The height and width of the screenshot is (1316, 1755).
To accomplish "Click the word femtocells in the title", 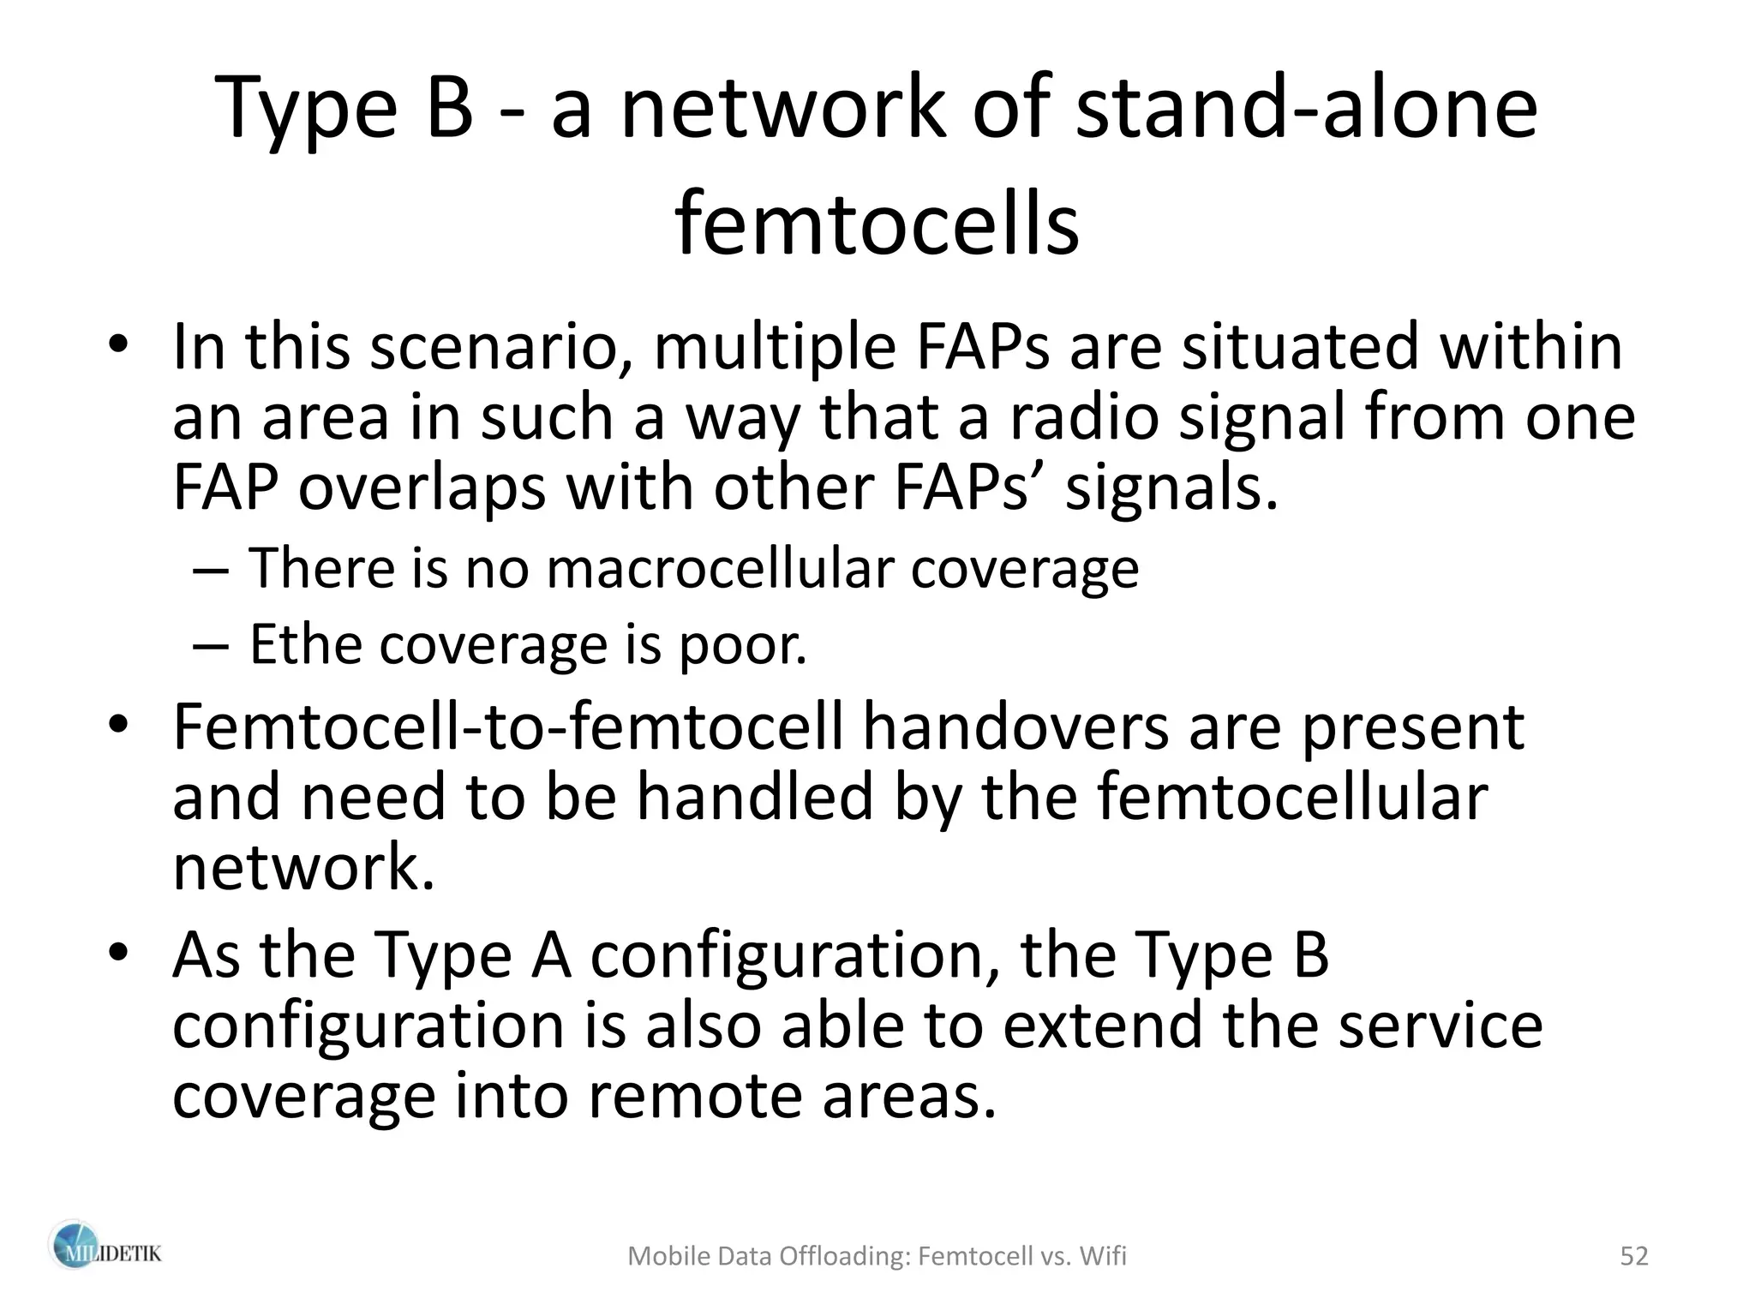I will click(x=877, y=224).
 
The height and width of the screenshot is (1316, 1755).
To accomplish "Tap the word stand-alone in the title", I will click(x=1307, y=109).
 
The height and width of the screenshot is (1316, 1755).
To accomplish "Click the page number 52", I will click(x=1634, y=1256).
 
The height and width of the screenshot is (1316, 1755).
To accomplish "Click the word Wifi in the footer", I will click(x=1103, y=1256).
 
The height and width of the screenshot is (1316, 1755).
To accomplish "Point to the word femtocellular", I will click(x=1292, y=797).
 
